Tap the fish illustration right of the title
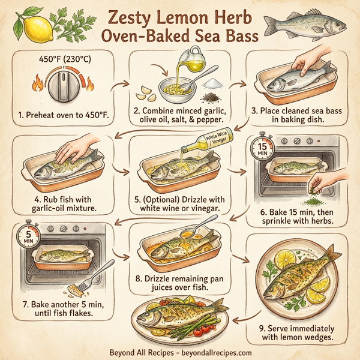tap(304, 25)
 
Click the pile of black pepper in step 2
tap(212, 95)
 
